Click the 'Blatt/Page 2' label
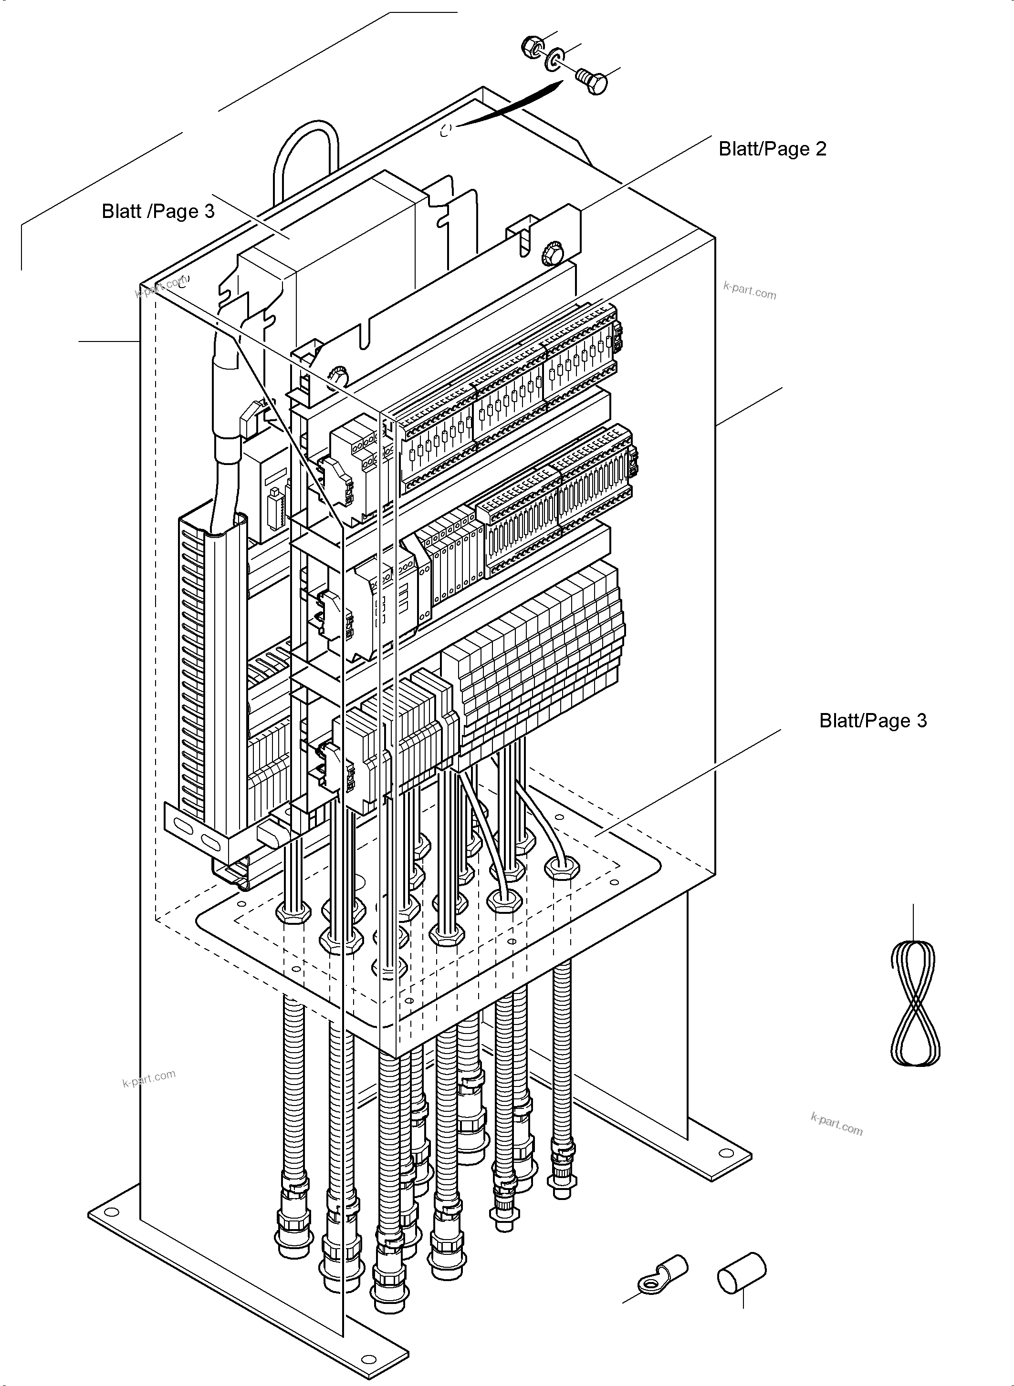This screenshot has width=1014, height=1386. (772, 149)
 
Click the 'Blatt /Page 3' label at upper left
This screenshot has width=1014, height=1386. (158, 212)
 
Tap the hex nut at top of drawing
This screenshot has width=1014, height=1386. (532, 47)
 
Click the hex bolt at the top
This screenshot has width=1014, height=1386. (592, 81)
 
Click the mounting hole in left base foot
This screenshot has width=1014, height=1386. (112, 1211)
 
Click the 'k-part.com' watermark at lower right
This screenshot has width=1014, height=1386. (836, 1124)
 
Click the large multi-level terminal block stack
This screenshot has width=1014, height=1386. (540, 656)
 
